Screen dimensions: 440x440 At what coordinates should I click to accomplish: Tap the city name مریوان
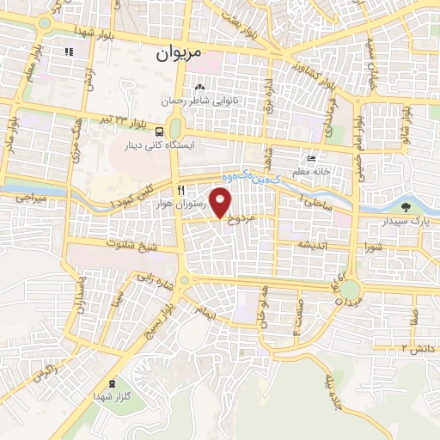(179, 53)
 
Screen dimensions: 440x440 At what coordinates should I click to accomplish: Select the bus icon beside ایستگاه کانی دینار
(159, 131)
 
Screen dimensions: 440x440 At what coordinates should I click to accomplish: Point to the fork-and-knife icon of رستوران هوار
(180, 189)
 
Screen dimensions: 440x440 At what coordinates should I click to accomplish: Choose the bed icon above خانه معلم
(311, 159)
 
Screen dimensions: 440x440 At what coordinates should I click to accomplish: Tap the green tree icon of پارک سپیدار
(405, 207)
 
